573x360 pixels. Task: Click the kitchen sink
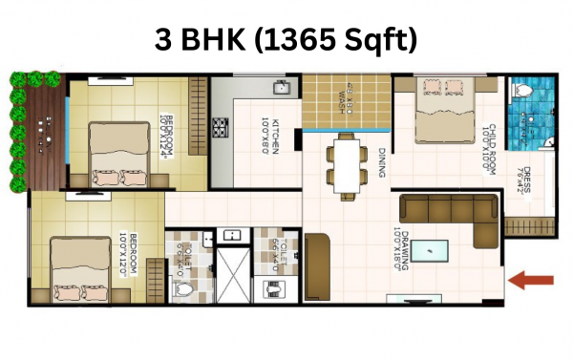[x=282, y=89]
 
